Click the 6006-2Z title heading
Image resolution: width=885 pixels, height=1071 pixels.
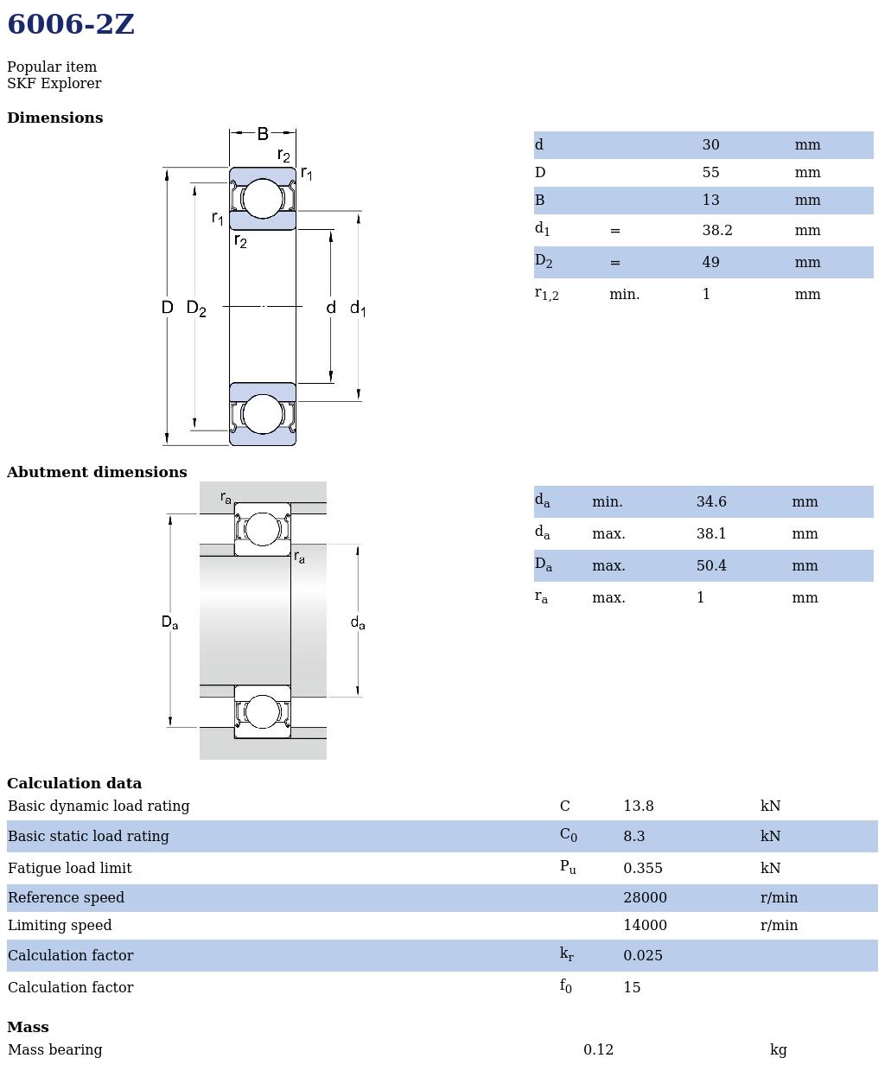71,25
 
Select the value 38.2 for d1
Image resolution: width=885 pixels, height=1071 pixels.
716,231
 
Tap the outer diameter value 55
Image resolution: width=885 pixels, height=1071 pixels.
710,173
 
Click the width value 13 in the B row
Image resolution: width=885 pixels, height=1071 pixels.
710,201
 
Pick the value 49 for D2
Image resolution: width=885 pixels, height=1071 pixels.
710,263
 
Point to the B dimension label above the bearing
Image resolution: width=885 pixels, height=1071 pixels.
263,134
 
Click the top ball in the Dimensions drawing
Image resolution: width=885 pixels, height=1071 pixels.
263,199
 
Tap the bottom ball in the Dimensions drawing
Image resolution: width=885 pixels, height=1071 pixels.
263,414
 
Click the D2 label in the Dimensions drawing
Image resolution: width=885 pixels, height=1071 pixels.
196,309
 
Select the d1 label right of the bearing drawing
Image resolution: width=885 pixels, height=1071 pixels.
358,309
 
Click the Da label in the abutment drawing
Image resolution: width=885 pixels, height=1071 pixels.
169,622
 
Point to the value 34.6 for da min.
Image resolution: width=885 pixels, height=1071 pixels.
711,502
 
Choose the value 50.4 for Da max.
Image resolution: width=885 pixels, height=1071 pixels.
711,566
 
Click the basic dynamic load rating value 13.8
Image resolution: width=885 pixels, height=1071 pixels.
639,806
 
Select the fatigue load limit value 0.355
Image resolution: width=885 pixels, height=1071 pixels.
643,869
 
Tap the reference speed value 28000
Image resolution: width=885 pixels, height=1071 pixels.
645,898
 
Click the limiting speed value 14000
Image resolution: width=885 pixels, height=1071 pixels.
645,926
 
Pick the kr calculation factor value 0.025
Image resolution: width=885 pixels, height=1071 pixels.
643,956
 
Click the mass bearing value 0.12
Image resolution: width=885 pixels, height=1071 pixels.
598,1050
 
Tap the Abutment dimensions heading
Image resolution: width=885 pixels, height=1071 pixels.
97,473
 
